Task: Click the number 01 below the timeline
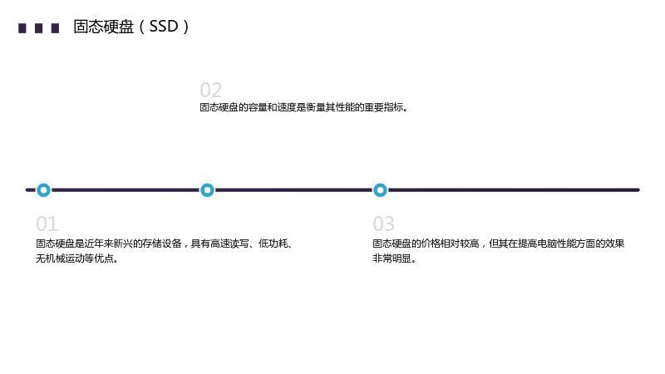(x=47, y=224)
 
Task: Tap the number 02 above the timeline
(x=211, y=91)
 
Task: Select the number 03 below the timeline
(x=383, y=224)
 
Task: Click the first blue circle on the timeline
(x=43, y=190)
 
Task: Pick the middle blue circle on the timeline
(x=207, y=190)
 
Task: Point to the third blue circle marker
(x=380, y=190)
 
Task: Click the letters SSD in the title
(x=163, y=27)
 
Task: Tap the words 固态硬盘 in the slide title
(x=103, y=27)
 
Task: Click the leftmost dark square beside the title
(x=22, y=28)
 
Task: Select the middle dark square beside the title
(x=38, y=28)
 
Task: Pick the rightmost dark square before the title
(x=55, y=28)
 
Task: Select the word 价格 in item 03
(x=431, y=244)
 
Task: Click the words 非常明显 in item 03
(x=392, y=258)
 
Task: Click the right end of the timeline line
(x=638, y=190)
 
